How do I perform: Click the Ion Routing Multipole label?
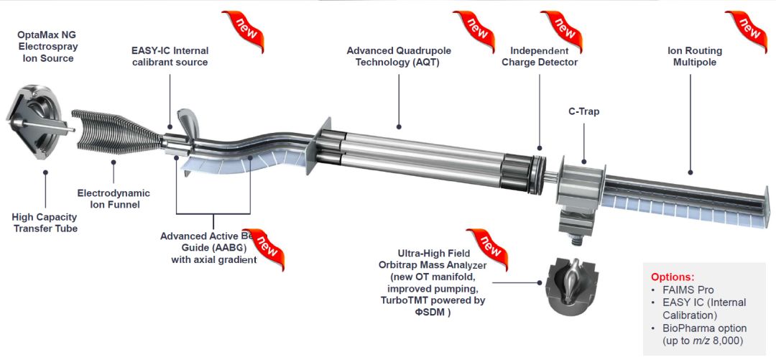point(694,56)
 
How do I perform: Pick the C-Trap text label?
point(583,111)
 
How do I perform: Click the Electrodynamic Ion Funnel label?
point(114,198)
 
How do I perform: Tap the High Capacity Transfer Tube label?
point(45,223)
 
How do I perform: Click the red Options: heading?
point(673,277)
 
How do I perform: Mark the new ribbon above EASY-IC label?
point(243,29)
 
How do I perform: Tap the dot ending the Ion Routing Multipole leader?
point(691,172)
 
